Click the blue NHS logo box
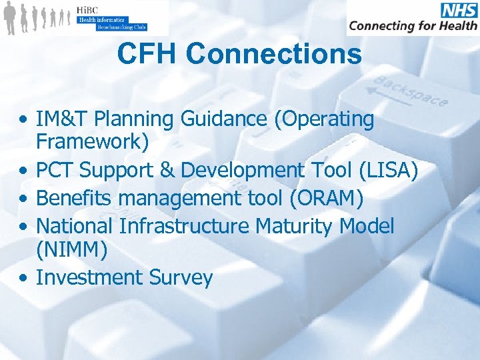(459, 10)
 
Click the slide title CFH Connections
(239, 54)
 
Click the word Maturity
(293, 227)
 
